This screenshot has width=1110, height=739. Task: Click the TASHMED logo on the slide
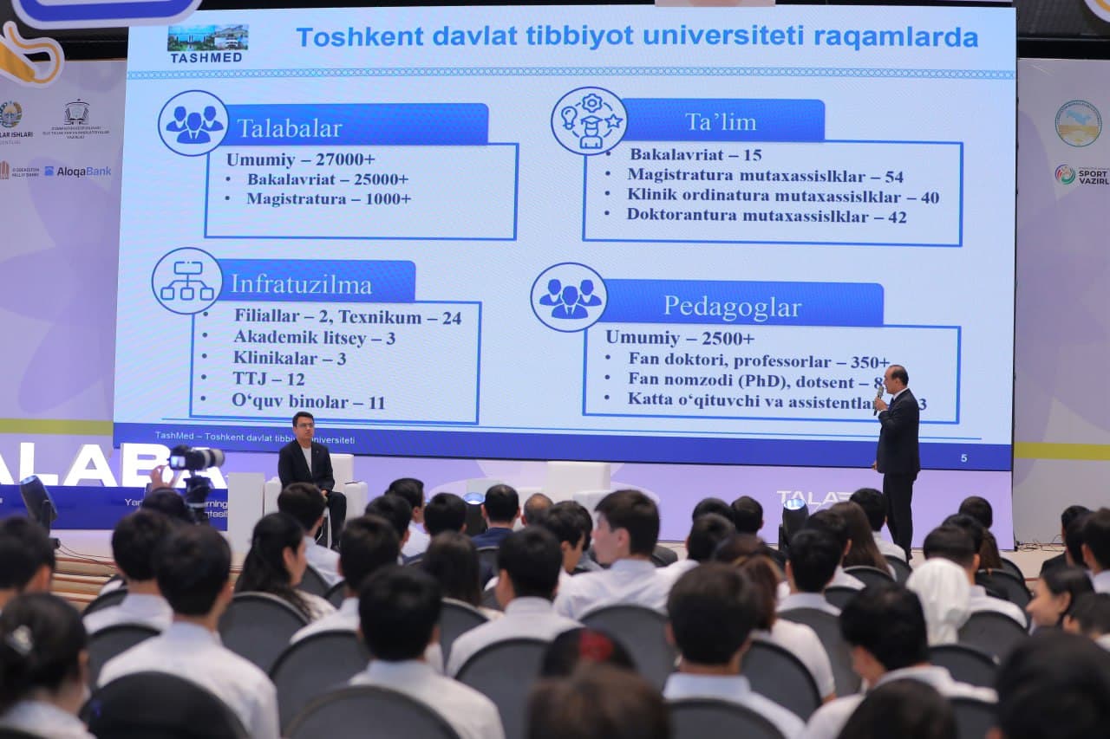[x=206, y=44]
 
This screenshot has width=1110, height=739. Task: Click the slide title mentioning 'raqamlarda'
[x=637, y=37]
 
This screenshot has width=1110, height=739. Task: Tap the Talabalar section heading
[x=290, y=128]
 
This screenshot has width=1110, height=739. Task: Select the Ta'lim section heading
[x=721, y=122]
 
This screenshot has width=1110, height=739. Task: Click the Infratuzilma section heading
[x=301, y=284]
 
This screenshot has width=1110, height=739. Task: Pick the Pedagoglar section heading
[x=733, y=306]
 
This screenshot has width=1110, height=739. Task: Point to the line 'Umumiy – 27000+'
[x=300, y=159]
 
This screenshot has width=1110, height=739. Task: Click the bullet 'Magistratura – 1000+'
[x=328, y=198]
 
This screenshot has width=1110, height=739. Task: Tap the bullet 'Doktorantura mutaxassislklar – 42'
[x=766, y=216]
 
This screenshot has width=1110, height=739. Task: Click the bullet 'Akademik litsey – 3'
[x=313, y=338]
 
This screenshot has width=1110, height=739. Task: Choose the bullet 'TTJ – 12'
[x=268, y=379]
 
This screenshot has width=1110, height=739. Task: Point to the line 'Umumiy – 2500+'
[x=679, y=338]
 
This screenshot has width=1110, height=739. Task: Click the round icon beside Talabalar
[x=193, y=124]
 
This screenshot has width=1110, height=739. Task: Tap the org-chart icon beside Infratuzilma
[x=186, y=281]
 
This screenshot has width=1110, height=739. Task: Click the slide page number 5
[x=963, y=457]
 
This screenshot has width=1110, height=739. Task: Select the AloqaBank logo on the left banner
[x=77, y=172]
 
